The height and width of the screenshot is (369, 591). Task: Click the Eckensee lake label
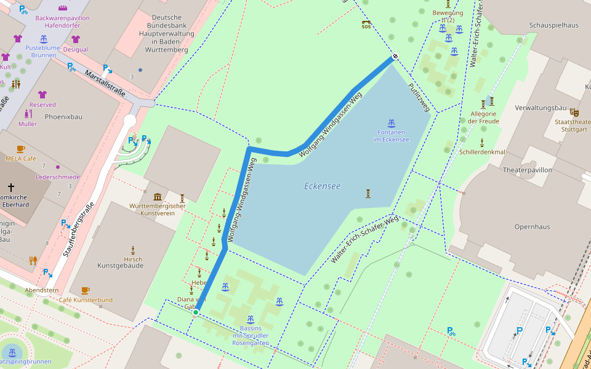tap(322, 186)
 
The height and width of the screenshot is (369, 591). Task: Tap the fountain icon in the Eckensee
tap(391, 122)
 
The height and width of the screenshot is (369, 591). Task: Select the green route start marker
tap(196, 313)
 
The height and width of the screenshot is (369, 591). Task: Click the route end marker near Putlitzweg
tap(395, 57)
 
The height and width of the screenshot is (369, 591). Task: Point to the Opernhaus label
tap(532, 226)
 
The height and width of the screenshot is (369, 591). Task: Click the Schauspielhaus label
tap(553, 25)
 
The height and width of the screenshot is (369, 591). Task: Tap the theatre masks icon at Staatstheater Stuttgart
tap(574, 112)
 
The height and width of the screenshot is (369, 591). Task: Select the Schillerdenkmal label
tap(482, 152)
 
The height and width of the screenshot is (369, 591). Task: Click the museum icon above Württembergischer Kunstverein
tap(158, 197)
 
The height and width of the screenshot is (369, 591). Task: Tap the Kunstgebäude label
tap(121, 265)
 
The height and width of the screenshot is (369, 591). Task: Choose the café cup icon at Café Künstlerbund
tap(85, 290)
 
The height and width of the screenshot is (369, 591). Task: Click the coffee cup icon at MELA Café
tap(21, 149)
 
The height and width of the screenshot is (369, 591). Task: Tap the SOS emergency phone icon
tap(366, 25)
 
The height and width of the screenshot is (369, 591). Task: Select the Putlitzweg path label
tap(419, 97)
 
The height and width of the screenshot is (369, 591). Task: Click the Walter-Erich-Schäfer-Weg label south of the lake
tap(364, 240)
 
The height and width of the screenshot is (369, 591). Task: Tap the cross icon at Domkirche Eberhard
tap(10, 186)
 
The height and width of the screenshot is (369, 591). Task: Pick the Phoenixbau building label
tap(63, 117)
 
